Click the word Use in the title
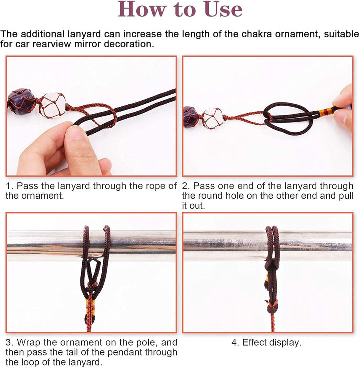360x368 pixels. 223,9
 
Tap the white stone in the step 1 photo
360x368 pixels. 52,105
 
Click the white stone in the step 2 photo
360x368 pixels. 212,118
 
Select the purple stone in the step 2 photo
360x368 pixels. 191,117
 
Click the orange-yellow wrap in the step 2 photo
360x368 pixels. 326,111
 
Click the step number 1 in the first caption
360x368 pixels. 10,186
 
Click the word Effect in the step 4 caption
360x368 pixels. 255,343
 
